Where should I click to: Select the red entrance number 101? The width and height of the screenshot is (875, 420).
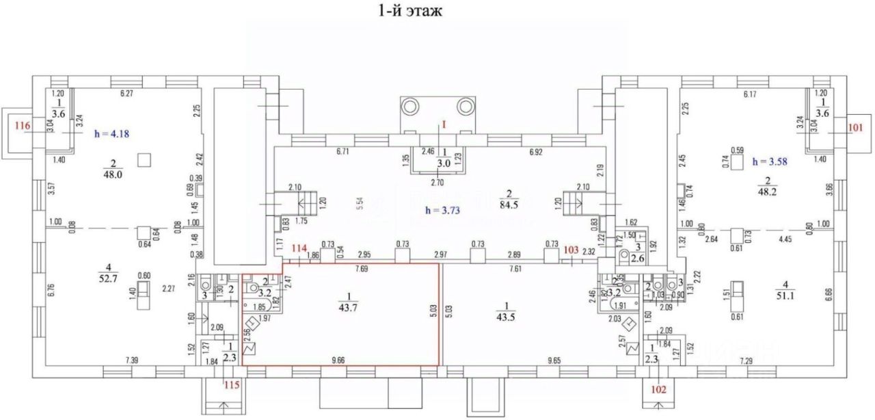855,126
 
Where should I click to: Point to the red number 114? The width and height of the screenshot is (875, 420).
299,248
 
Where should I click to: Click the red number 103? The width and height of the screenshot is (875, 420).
571,249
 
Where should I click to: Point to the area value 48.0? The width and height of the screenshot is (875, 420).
112,174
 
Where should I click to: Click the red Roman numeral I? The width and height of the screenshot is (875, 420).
444,126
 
